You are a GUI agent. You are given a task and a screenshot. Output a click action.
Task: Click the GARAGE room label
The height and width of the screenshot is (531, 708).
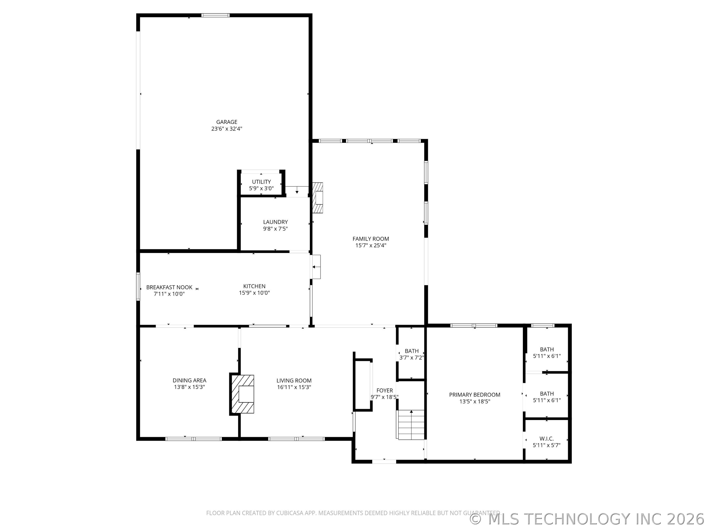(x=227, y=122)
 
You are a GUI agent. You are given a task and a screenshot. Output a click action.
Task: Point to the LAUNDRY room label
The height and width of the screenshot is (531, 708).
(x=275, y=222)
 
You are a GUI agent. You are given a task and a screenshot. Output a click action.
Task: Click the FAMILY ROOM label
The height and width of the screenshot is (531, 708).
(x=371, y=238)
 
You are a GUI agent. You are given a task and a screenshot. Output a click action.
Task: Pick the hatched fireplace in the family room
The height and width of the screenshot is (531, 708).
(x=318, y=198)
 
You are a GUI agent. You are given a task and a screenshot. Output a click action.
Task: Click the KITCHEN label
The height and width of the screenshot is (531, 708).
(x=254, y=286)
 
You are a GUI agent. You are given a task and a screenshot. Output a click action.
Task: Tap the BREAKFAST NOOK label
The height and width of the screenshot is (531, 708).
(x=169, y=287)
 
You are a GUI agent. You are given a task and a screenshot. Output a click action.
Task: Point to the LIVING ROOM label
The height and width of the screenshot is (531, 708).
(x=294, y=381)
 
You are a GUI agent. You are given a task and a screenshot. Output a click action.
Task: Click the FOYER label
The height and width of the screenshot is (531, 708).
(x=384, y=390)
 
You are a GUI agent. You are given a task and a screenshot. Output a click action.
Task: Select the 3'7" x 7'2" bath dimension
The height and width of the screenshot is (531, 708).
(x=412, y=357)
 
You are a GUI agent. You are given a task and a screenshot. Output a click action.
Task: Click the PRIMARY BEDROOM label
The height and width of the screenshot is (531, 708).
(x=474, y=395)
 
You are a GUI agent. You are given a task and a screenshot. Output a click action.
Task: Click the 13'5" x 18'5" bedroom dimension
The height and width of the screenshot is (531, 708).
(x=474, y=402)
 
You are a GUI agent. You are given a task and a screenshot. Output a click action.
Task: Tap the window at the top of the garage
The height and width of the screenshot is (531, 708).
(x=215, y=15)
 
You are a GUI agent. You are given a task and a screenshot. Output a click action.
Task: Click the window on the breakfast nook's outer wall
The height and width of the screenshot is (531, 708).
(x=138, y=286)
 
